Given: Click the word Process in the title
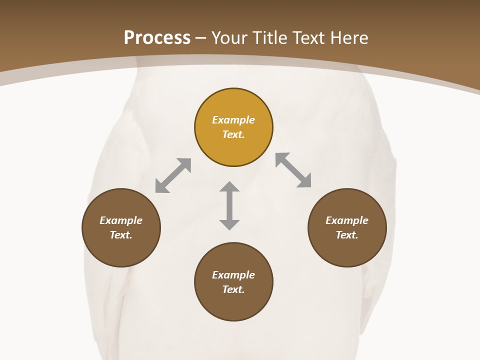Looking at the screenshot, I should pos(157,38).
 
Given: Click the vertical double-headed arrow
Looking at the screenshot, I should pos(229,205).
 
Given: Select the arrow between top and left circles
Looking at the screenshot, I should pos(173,175).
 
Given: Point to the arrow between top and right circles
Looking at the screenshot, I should pos(293,170).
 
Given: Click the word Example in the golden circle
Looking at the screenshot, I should pos(233,120).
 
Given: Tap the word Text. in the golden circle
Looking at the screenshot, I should pos(233,134).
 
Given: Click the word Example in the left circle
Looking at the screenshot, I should pos(121,220).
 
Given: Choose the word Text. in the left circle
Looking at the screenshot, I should pos(121,235).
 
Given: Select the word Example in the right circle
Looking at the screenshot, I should pos(347,220).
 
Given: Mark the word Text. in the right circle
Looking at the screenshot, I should pos(347,235).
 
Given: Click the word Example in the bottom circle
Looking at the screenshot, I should pos(233,275).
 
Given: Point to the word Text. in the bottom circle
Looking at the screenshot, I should pos(233,289).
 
